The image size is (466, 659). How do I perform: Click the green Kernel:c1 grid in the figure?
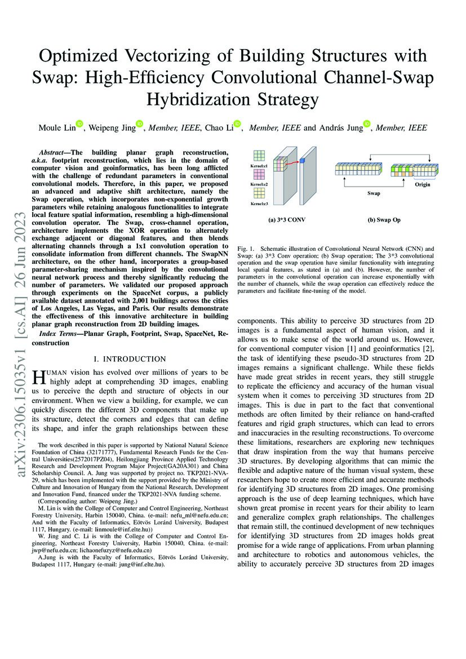pyautogui.click(x=259, y=156)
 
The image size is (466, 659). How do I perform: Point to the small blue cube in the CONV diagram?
pyautogui.click(x=301, y=161)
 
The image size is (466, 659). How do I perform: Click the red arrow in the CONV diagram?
pyautogui.click(x=291, y=163)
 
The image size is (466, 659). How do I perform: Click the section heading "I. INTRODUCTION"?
pyautogui.click(x=129, y=359)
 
